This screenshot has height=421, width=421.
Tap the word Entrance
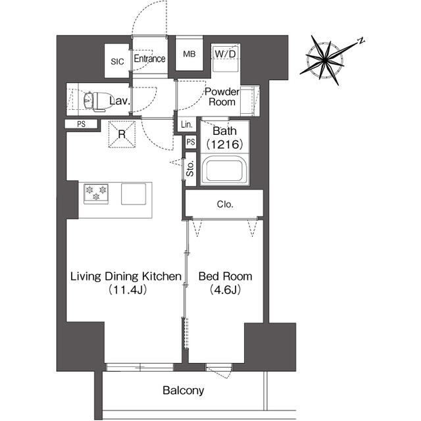point(149,59)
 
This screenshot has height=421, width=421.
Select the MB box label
point(189,55)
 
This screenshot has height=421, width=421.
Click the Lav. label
point(120,101)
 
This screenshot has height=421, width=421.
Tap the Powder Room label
point(221,97)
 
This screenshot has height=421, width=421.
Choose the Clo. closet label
point(225,204)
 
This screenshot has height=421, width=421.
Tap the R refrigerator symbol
point(122,134)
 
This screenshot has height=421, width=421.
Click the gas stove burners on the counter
point(97,193)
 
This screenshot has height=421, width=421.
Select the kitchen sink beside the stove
point(134,194)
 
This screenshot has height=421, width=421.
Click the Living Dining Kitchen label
point(126,283)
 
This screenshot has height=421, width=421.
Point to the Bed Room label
point(226,283)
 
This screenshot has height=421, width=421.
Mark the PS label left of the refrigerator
point(82,124)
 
